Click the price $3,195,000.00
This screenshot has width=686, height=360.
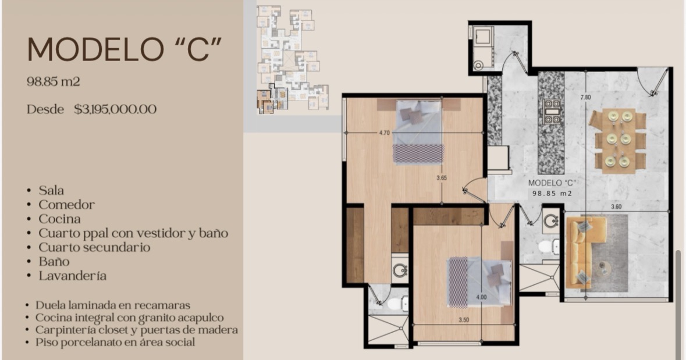[115, 109]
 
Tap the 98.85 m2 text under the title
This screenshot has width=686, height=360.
[54, 81]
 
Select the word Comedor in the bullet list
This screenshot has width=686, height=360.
[66, 204]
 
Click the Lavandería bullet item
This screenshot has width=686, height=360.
[73, 276]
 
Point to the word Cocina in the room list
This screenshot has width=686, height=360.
[59, 219]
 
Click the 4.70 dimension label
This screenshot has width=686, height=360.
[384, 133]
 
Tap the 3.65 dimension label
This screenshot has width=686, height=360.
[442, 177]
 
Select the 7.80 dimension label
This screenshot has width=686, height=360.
[585, 97]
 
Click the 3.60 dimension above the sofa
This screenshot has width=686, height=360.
[616, 206]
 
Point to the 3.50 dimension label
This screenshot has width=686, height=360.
[464, 320]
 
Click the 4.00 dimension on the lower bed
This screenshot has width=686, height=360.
[481, 297]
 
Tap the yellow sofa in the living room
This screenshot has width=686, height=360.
[582, 252]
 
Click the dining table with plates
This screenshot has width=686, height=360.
[618, 140]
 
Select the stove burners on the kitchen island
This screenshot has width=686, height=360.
[552, 111]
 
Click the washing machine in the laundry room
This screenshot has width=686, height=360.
[484, 37]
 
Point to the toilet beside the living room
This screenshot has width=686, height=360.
[549, 247]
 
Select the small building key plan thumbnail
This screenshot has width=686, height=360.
[292, 59]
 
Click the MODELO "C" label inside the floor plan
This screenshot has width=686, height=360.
[552, 183]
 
